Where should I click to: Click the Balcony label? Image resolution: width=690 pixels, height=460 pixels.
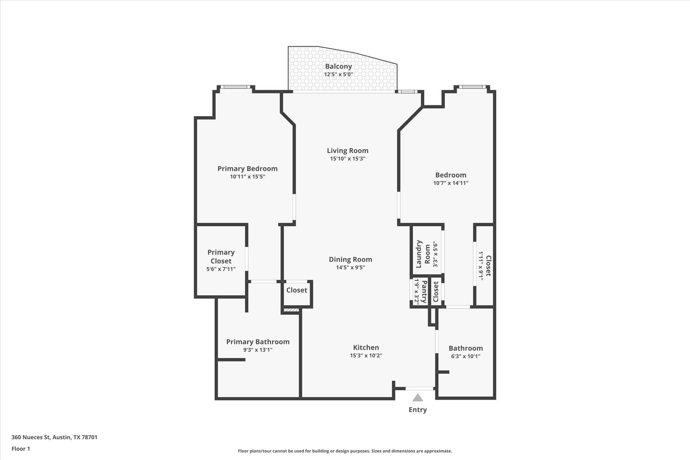(x=338, y=66)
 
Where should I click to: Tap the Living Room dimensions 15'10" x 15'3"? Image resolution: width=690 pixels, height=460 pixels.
(x=347, y=159)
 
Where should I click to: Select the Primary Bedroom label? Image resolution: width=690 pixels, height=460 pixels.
(x=247, y=168)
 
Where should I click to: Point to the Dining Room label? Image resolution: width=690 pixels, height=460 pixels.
(x=350, y=259)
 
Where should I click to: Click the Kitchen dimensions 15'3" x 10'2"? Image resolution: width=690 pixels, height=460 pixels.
(x=366, y=356)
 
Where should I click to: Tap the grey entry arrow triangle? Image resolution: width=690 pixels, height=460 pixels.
(x=417, y=398)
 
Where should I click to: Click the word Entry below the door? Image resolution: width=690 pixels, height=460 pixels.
(x=417, y=410)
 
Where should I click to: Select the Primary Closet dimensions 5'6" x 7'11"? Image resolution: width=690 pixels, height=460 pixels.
(x=221, y=269)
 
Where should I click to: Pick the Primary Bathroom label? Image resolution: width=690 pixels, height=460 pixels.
(x=258, y=342)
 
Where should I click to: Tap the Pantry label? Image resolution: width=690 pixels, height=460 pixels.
(x=425, y=292)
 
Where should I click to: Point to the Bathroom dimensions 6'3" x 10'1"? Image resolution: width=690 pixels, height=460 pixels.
(x=466, y=356)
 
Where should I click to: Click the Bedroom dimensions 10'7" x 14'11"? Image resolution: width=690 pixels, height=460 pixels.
(x=450, y=183)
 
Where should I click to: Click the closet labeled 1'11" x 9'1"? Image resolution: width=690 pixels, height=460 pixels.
(x=485, y=266)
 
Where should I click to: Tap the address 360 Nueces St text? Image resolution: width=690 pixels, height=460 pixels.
(x=54, y=437)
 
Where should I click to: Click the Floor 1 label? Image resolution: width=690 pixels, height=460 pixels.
(x=21, y=449)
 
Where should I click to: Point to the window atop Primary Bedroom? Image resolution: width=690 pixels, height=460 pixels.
(x=236, y=87)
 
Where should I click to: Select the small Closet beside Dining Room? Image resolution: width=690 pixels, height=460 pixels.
(x=296, y=290)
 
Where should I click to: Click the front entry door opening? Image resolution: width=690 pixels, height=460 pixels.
(x=419, y=389)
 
